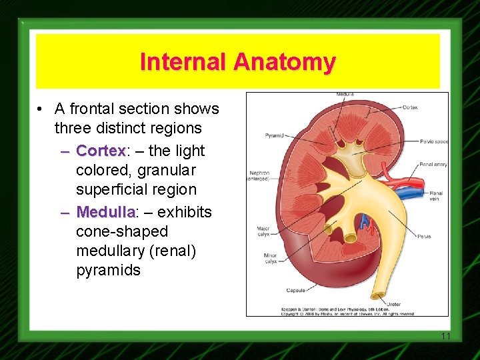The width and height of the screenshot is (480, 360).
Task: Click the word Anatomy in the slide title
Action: coord(284,62)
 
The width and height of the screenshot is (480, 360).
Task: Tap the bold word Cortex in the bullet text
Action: coord(101,151)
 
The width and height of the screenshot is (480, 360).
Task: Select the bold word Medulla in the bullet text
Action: coord(105,212)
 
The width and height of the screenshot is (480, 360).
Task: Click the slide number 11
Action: coord(446,336)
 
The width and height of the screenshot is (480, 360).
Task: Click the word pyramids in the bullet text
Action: coord(108,270)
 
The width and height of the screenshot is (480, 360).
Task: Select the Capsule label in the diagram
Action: coord(296,290)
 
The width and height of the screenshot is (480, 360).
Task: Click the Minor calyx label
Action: coord(269,259)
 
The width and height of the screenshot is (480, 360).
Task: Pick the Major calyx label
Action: coord(263,232)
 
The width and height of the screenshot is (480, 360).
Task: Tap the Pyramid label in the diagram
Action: coord(275,135)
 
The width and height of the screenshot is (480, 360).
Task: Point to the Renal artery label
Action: coord(433,164)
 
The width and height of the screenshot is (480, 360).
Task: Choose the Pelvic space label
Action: coord(434,141)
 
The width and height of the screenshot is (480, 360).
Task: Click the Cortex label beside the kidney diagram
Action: coord(410,107)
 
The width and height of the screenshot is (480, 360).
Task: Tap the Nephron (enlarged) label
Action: coord(259,176)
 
